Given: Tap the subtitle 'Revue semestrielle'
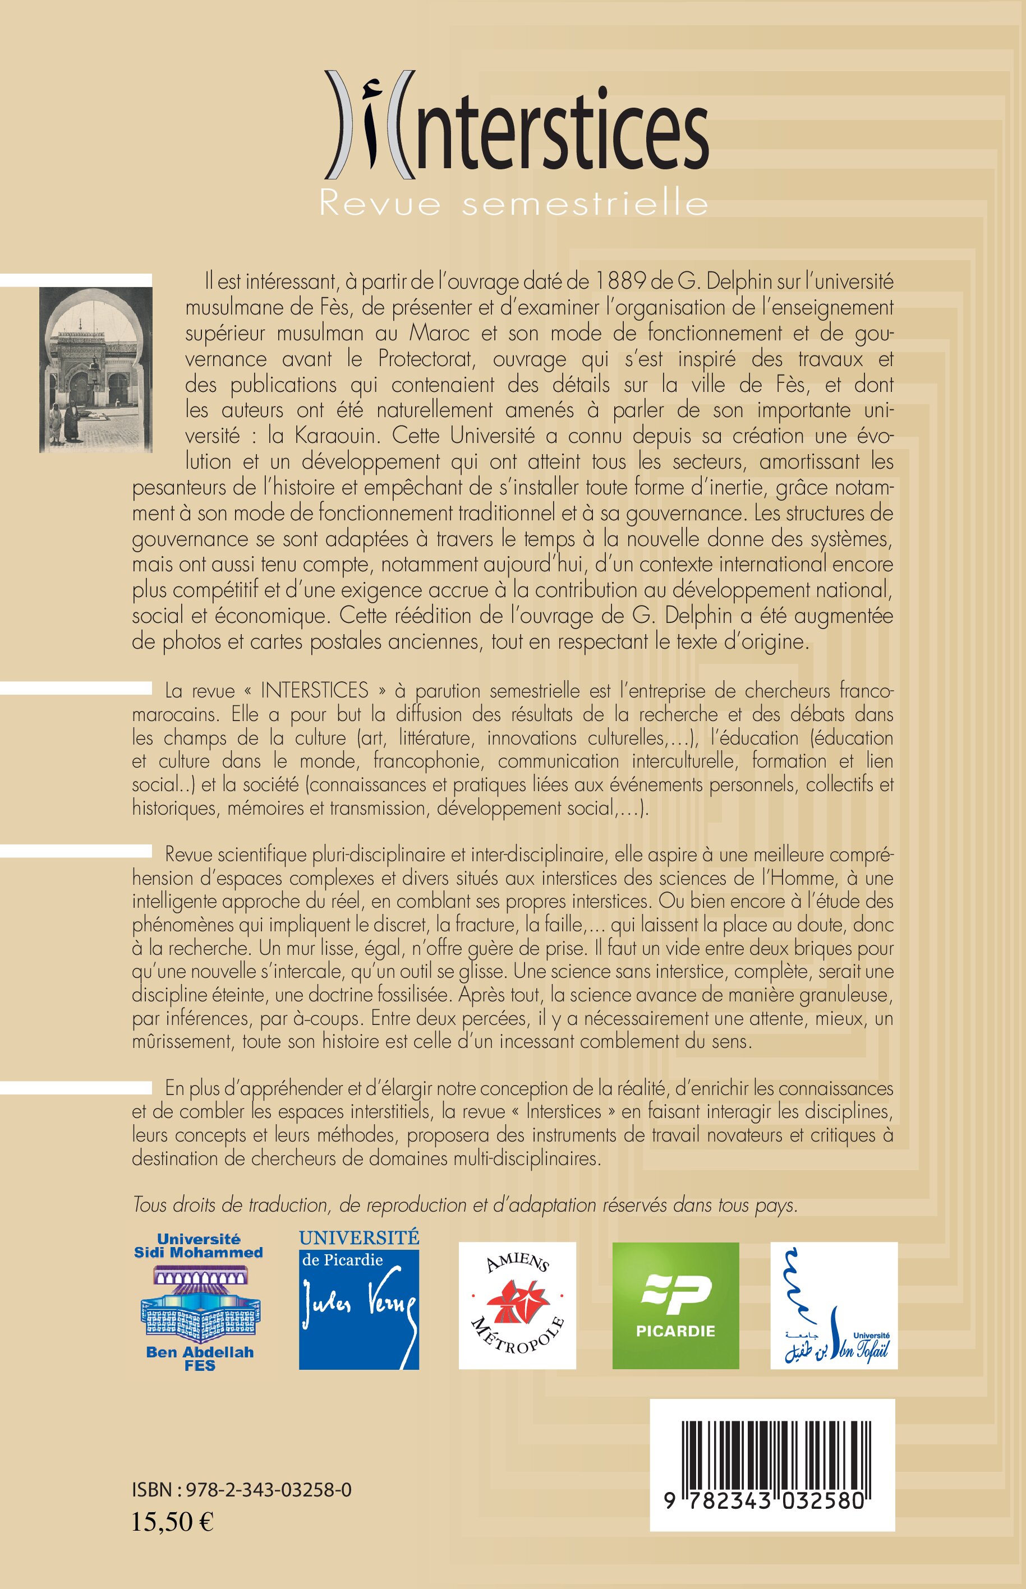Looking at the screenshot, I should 513,203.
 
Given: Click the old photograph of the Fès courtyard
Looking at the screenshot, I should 95,370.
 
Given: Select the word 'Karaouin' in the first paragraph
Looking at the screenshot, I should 334,436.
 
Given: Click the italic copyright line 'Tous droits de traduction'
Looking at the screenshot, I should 465,1205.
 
